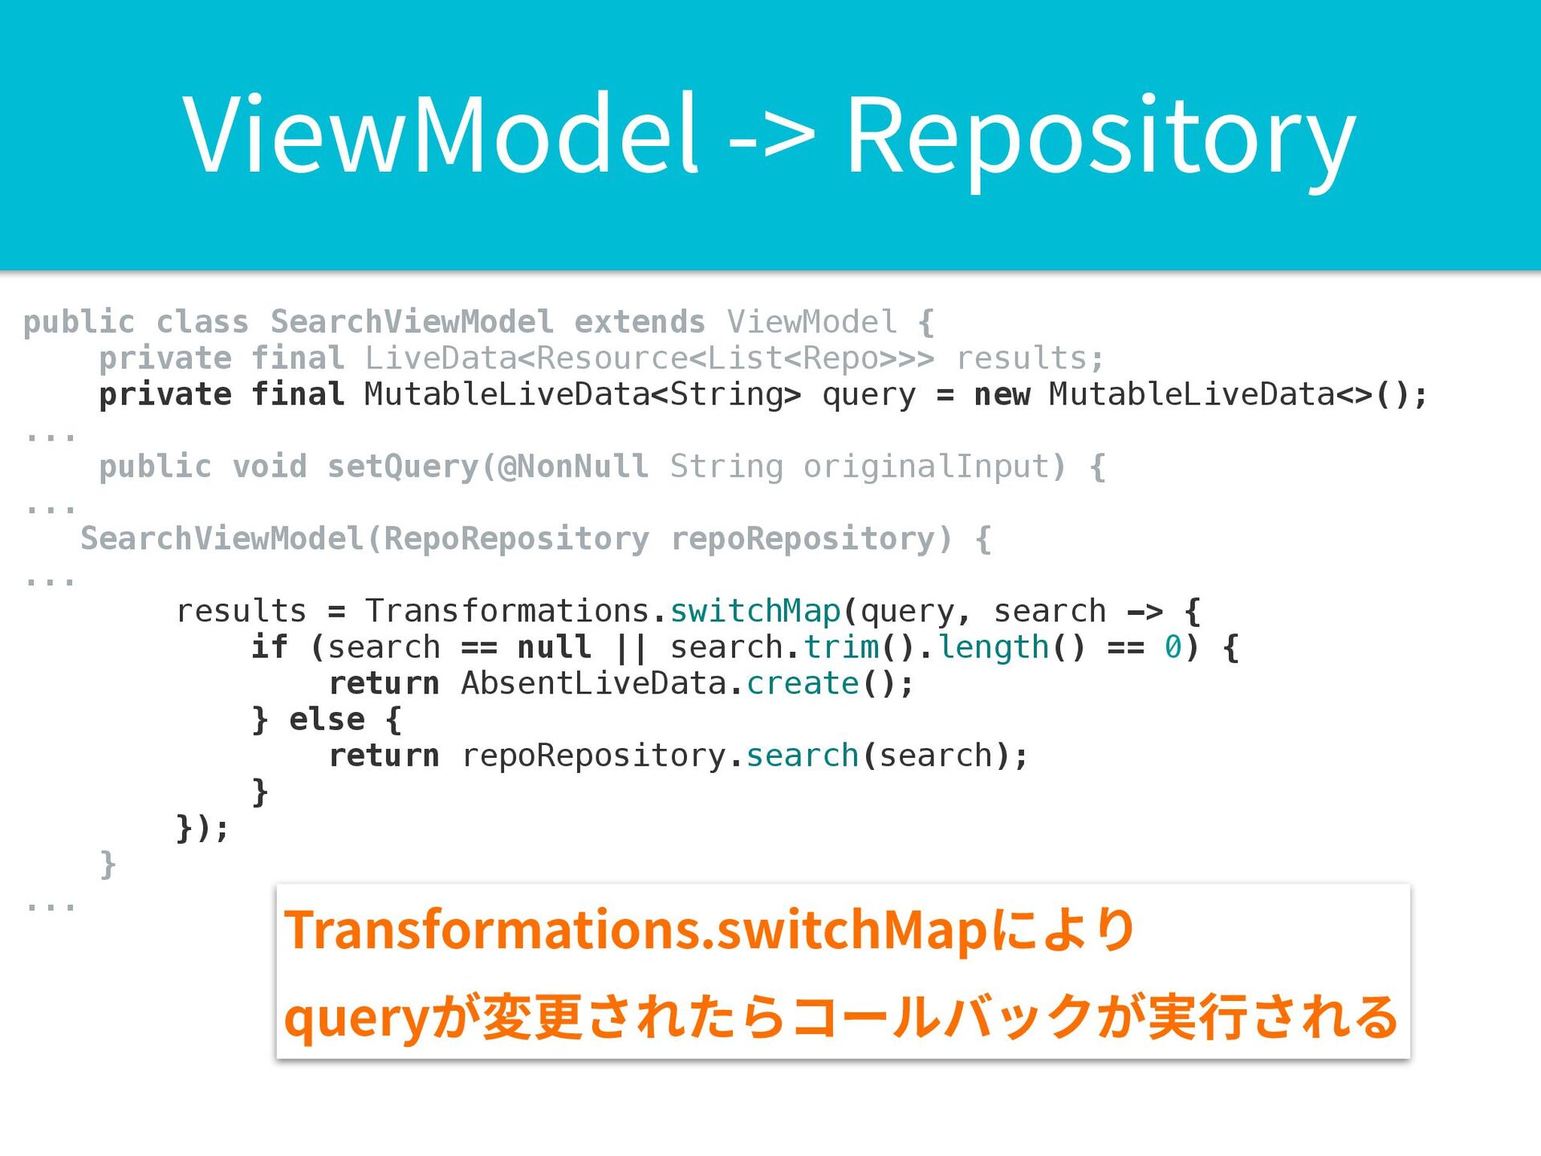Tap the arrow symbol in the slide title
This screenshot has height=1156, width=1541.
771,136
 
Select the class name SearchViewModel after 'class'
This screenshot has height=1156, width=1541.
412,322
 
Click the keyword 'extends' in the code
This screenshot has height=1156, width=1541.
640,322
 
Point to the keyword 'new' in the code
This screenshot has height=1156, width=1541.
1001,394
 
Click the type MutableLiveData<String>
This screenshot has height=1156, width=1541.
583,394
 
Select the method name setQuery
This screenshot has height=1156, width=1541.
402,466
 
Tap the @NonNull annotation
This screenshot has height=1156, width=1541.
573,466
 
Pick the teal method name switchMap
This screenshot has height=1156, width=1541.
755,611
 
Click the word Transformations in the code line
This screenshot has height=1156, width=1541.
507,611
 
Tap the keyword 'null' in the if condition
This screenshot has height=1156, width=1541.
554,647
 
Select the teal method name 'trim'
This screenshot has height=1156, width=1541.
841,647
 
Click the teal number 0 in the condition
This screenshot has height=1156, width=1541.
1173,647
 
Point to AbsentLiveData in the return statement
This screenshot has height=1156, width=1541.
593,683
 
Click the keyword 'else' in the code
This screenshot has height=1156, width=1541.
327,719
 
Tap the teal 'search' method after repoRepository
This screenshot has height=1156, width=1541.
802,755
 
